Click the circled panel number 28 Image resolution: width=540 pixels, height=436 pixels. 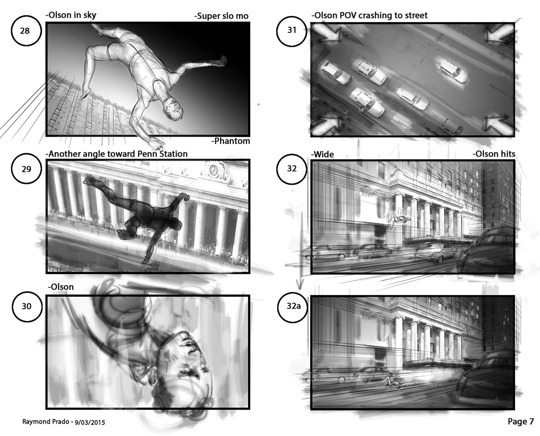tap(26, 31)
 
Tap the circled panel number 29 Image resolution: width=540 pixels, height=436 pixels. tap(26, 169)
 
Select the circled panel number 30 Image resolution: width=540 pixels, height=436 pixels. tap(27, 306)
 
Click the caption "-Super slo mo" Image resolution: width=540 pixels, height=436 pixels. tap(221, 16)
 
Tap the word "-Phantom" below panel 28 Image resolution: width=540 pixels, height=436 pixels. tap(231, 141)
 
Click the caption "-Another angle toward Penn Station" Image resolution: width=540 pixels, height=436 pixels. tap(117, 154)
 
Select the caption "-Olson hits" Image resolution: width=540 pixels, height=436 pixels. tap(494, 154)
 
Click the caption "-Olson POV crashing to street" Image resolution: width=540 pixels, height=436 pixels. tap(369, 15)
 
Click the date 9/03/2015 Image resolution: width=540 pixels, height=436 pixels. tap(90, 422)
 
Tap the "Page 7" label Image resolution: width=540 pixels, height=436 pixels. tap(521, 421)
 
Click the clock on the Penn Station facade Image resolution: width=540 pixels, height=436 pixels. tap(214, 170)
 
